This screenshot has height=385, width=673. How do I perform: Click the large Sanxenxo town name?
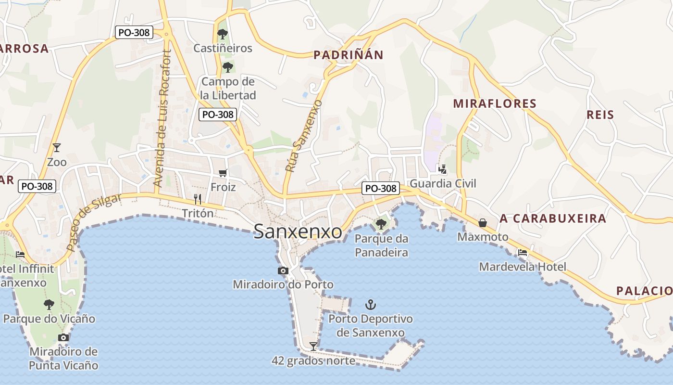point(298,231)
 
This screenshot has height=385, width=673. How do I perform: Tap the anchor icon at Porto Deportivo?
point(370,304)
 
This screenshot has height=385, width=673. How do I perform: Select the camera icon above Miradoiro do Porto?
point(283,270)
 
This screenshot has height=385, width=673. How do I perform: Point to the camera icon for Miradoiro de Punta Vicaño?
point(63,337)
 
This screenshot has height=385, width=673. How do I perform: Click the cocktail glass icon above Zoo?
point(57,148)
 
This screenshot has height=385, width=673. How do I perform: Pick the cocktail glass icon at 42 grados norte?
point(313,346)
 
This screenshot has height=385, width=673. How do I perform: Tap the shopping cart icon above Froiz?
point(223,173)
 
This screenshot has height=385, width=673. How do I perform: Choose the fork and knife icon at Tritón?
point(197,198)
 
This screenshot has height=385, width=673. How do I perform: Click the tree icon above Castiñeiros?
point(222,34)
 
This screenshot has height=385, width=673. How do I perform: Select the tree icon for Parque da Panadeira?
point(381,224)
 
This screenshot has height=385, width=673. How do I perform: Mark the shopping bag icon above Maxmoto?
point(483,223)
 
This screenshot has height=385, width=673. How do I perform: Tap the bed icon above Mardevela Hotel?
point(523,252)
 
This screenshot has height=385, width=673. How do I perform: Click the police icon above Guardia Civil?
point(442,169)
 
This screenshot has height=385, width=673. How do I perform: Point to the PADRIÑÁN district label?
point(349,55)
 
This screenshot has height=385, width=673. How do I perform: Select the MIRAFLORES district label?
point(495,103)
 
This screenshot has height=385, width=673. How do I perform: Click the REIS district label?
point(600,115)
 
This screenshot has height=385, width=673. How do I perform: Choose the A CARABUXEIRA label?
point(553,218)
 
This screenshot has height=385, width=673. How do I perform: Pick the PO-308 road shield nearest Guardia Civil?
point(381,189)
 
